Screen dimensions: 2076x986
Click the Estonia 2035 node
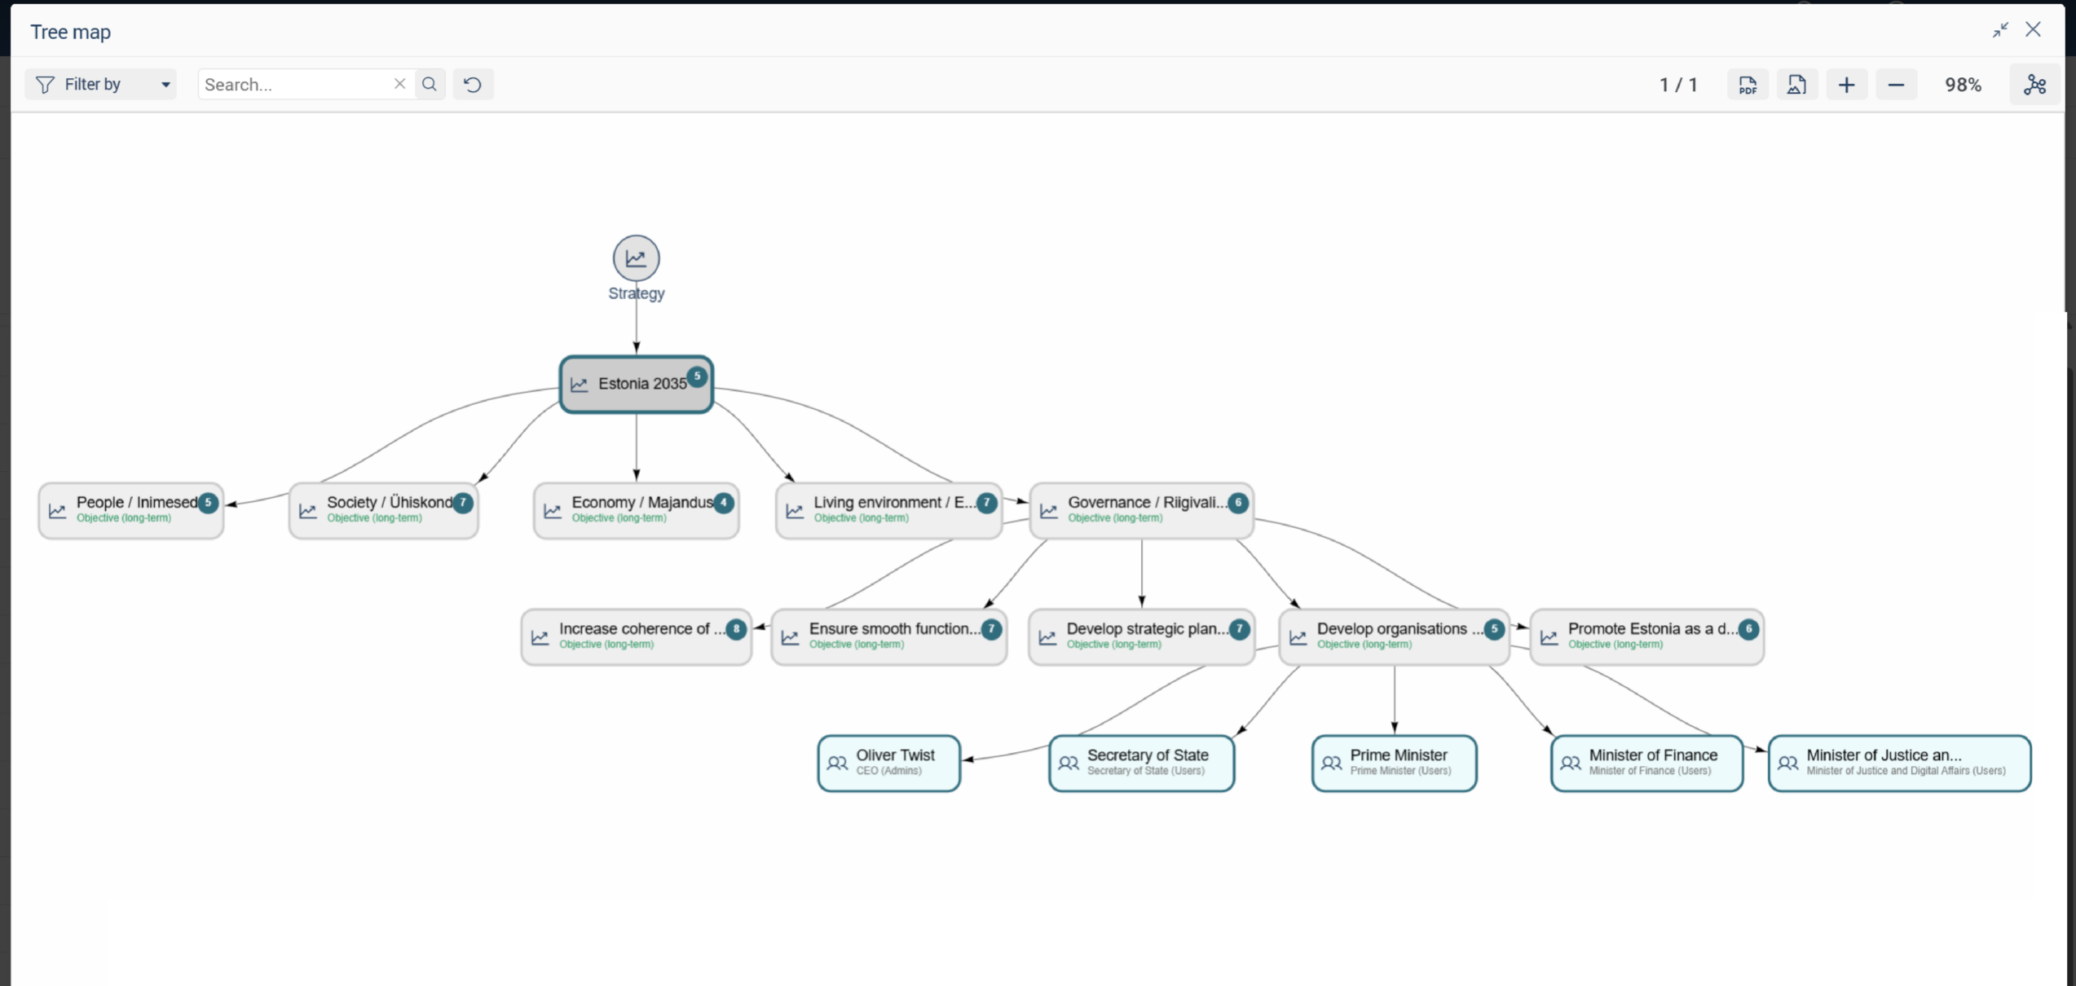(636, 384)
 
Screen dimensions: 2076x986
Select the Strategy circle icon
(636, 258)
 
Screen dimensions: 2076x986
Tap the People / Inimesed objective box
(131, 510)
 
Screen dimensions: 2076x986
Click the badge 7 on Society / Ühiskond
(463, 503)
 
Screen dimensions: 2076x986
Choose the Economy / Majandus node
(636, 510)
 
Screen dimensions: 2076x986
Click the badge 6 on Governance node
(1238, 503)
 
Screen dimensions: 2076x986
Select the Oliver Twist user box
(889, 763)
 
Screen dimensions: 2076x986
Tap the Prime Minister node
(1394, 763)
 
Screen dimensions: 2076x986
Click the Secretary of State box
(1141, 763)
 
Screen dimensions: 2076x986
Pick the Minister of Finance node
(1646, 763)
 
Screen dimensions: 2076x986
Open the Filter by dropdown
(101, 84)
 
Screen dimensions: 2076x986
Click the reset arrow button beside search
(473, 84)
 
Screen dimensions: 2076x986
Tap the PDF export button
(1748, 84)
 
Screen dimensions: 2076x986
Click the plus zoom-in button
(1847, 84)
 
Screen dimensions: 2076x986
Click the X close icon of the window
(2033, 30)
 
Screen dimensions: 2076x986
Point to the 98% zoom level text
(1963, 85)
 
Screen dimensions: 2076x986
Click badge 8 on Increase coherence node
(736, 629)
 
